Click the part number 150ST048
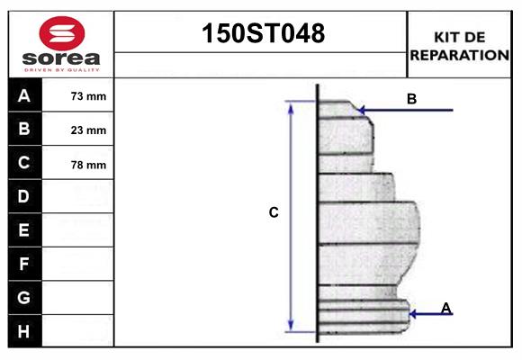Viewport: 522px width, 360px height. point(261,34)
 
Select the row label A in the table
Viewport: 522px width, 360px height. point(24,95)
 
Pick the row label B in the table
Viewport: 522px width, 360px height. point(24,130)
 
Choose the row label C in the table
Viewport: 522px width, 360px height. point(24,164)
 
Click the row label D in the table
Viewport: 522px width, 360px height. point(24,196)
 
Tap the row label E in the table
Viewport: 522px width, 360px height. point(24,230)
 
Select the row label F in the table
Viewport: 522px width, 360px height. point(24,264)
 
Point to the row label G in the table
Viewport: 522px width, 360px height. point(24,297)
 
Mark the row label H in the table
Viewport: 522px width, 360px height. point(24,331)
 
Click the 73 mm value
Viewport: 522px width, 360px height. point(88,96)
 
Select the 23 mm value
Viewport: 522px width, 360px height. point(88,130)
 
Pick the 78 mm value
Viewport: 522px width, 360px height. point(88,165)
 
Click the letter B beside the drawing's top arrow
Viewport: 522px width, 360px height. point(411,99)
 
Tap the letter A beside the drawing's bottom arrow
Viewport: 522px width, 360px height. point(445,309)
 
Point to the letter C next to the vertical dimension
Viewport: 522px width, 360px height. point(274,213)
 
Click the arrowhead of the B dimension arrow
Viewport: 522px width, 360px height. point(362,111)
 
